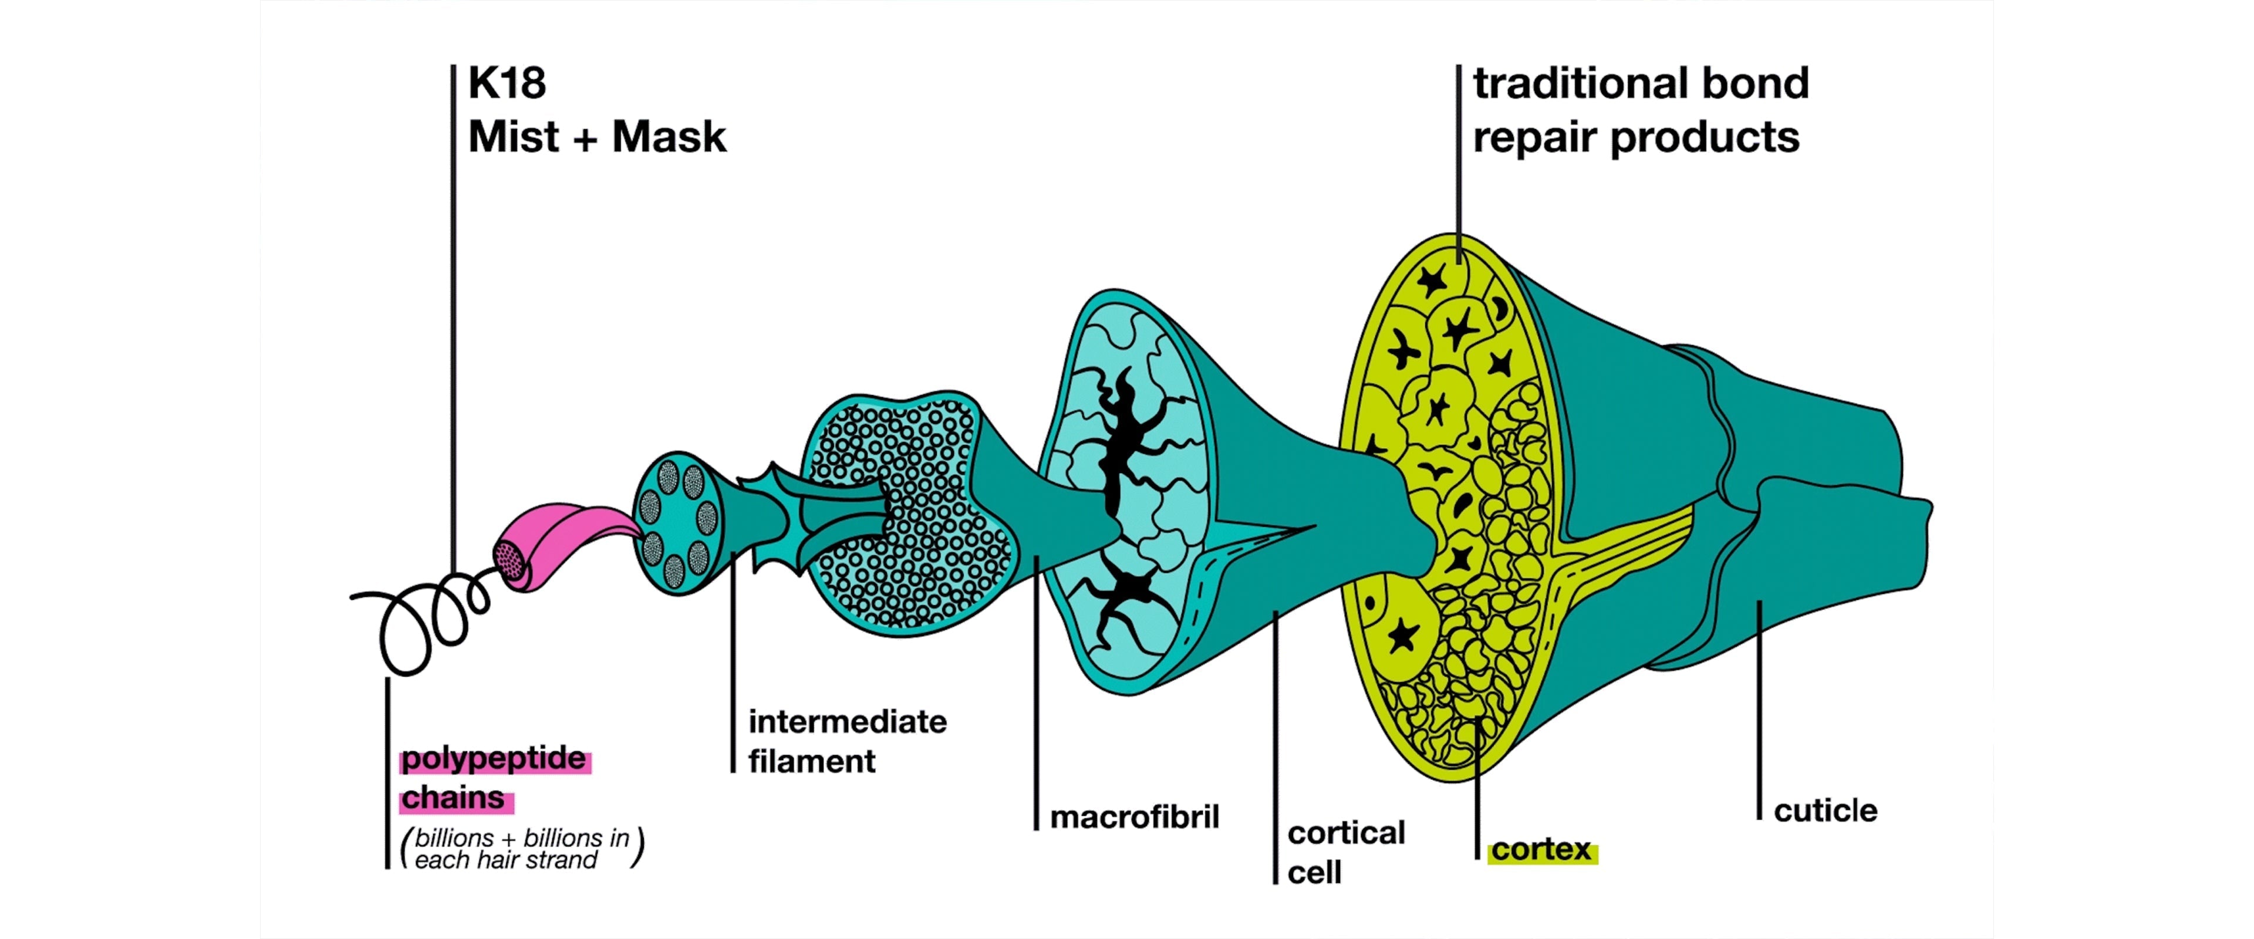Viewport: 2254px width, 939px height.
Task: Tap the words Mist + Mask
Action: tap(597, 137)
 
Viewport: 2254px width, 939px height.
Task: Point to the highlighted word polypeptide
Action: tap(494, 759)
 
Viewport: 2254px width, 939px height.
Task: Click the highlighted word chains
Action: tap(453, 798)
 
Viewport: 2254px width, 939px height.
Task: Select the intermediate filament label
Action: tap(846, 741)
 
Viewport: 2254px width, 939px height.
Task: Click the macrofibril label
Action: tap(1134, 818)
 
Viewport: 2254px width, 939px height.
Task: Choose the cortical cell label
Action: tap(1345, 852)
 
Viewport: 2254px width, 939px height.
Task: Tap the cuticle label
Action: tap(1826, 811)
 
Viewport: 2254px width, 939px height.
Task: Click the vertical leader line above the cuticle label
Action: tap(1759, 709)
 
